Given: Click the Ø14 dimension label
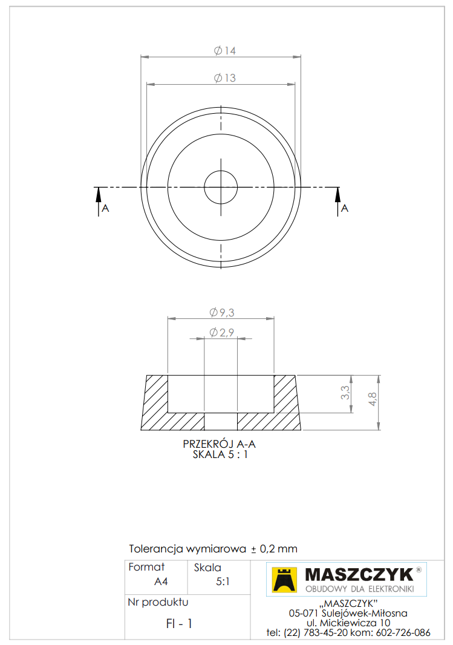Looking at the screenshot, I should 224,51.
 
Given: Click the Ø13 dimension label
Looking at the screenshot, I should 224,78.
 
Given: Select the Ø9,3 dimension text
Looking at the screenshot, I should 221,312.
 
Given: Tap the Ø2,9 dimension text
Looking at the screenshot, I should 221,332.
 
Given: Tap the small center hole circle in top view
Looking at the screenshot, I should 221,187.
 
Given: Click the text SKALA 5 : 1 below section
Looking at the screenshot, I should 220,454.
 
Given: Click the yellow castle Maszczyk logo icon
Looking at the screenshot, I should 284,579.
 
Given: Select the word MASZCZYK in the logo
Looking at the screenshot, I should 359,574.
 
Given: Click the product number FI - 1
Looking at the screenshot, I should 180,624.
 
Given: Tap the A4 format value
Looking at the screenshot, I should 161,582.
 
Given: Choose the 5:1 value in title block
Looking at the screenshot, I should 222,582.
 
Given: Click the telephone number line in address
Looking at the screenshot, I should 348,633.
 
